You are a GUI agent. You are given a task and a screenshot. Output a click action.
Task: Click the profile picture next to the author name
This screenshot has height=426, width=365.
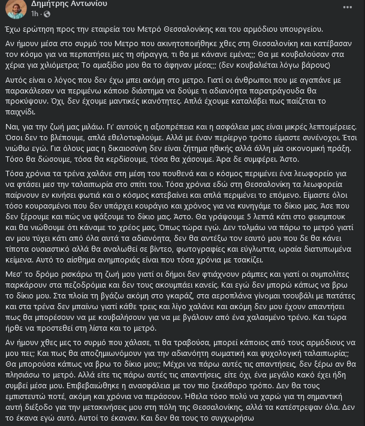point(16,8)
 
